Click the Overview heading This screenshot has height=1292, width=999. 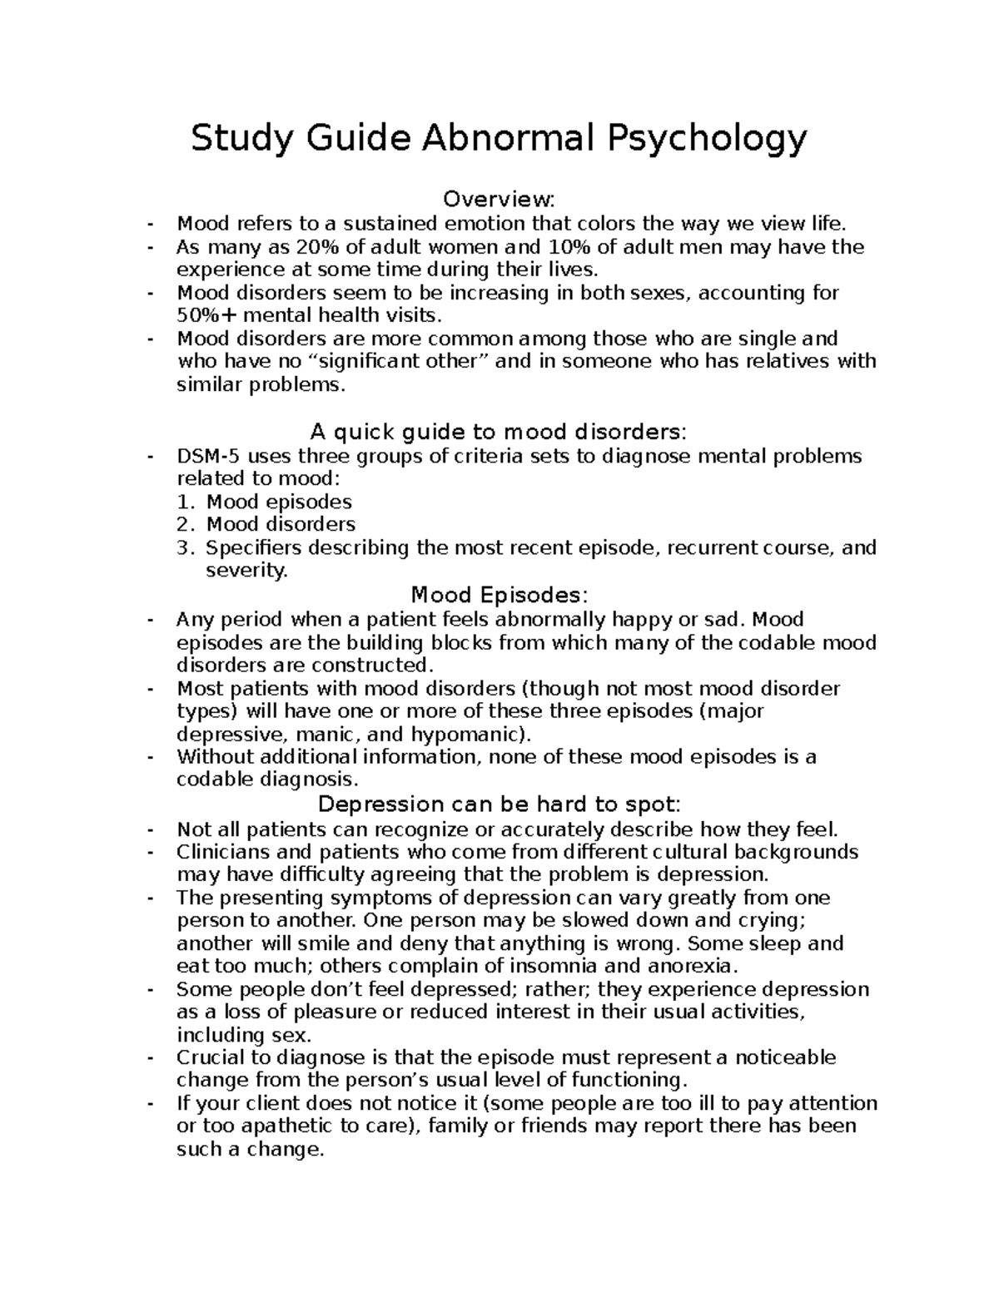pos(498,200)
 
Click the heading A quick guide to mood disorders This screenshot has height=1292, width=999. pos(498,433)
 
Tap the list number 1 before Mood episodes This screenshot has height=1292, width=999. pos(185,502)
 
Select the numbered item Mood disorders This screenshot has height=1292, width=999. pos(281,525)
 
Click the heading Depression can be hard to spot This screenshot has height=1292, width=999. pos(499,805)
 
